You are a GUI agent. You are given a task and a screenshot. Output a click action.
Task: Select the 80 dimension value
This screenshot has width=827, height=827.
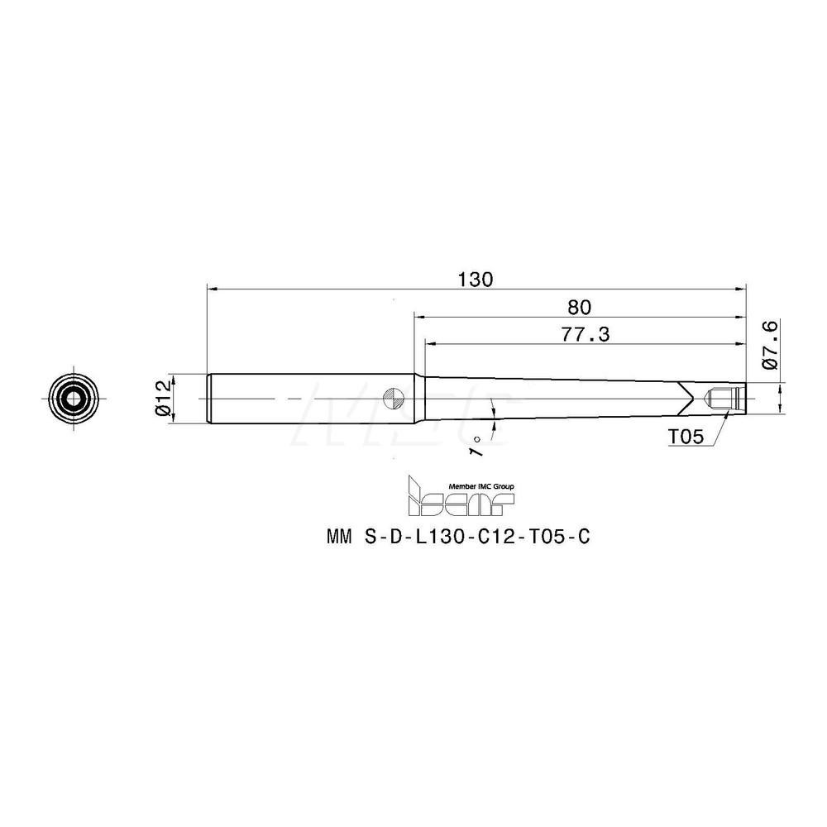(x=580, y=307)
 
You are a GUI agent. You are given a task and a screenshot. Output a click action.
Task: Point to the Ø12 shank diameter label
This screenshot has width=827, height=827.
(x=163, y=397)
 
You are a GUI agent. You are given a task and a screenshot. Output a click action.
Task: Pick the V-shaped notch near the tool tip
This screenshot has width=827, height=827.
(x=686, y=397)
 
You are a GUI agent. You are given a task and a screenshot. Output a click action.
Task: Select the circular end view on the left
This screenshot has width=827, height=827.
(x=74, y=397)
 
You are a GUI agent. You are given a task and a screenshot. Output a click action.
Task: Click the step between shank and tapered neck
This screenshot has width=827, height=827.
(x=416, y=397)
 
